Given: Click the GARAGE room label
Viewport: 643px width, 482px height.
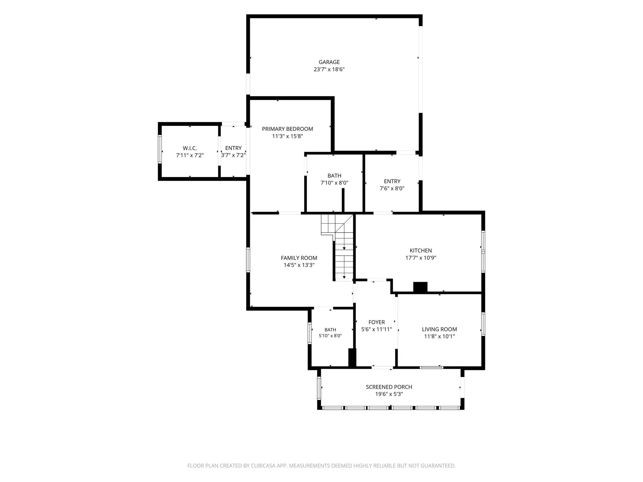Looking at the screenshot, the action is click(x=329, y=62).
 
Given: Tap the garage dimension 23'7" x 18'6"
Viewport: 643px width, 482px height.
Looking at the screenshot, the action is click(x=329, y=69).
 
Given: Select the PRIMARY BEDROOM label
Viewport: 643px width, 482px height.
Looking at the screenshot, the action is click(x=287, y=129).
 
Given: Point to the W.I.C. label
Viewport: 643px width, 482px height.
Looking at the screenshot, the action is click(x=190, y=148).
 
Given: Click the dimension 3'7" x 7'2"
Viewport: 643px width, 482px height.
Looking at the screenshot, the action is click(x=233, y=155).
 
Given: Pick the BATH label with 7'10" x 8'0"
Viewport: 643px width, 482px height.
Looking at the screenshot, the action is click(x=334, y=175).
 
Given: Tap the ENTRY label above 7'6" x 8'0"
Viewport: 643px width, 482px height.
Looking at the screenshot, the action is click(x=392, y=181).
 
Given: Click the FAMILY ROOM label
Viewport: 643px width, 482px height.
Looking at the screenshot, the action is click(x=299, y=258).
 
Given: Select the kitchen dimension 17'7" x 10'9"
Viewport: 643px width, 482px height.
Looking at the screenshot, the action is click(x=421, y=258).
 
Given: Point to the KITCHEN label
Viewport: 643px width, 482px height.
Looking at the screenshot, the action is click(x=421, y=250).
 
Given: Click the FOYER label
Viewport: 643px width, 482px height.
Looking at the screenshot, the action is click(x=376, y=322).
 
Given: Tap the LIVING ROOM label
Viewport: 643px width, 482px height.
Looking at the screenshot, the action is click(x=439, y=329).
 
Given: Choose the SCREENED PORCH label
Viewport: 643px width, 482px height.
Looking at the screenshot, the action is click(x=389, y=387).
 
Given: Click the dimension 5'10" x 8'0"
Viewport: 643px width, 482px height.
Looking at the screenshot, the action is click(x=330, y=336).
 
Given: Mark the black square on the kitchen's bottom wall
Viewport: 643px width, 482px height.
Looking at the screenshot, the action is click(x=420, y=288).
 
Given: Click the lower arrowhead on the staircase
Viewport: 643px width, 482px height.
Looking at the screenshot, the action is click(x=344, y=277).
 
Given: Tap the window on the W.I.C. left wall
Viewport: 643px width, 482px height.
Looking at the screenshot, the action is click(x=160, y=149).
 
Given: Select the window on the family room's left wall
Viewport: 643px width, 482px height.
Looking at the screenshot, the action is click(x=248, y=260).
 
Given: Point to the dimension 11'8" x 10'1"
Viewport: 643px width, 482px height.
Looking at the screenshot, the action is click(x=439, y=336).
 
